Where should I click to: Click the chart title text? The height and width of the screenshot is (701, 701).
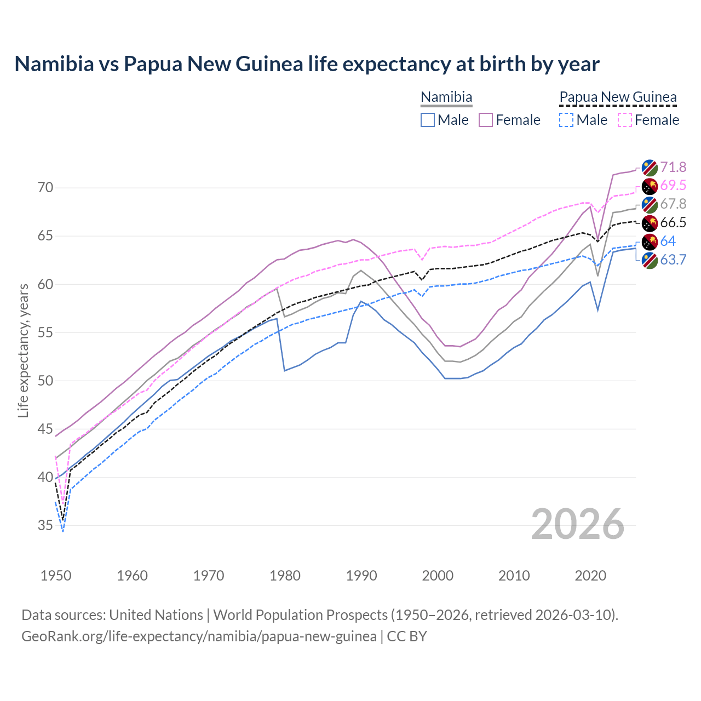307,64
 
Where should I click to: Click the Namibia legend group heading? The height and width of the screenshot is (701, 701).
446,97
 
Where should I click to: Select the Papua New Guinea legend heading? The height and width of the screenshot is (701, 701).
618,97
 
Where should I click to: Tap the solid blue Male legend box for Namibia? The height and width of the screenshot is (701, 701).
428,120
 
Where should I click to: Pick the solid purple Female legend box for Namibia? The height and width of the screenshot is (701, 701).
486,120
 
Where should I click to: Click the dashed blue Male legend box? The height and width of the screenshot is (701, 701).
566,120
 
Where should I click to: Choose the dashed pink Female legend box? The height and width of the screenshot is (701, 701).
625,120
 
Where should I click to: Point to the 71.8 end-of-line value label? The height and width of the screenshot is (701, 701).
673,167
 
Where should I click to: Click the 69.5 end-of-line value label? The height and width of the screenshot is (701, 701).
673,186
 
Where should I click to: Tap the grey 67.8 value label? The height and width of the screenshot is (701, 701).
673,204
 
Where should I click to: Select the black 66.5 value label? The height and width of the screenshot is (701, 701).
673,223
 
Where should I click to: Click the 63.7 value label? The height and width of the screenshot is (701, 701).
673,260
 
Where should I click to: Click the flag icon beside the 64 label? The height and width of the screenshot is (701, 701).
650,242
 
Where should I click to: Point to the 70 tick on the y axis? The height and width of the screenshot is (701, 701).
45,188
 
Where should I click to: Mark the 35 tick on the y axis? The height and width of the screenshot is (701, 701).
45,526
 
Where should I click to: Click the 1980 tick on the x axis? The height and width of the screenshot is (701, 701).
285,576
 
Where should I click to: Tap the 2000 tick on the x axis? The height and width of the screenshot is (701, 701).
438,576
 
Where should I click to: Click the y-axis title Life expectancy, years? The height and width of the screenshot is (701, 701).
24,350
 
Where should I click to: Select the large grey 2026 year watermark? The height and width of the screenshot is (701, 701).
578,525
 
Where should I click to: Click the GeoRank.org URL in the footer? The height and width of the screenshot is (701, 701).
199,636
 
